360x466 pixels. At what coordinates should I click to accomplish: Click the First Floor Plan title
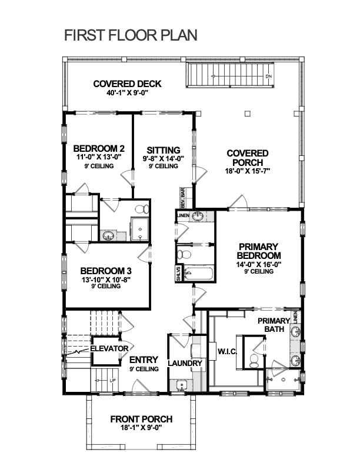point(131,35)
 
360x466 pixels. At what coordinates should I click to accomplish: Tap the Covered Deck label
point(128,84)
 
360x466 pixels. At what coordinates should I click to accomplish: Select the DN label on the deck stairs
point(268,76)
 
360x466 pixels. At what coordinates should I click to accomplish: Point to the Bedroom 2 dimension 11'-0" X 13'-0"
point(99,157)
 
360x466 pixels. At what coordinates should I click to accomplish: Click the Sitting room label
point(164,150)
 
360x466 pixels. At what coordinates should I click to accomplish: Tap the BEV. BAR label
point(183,198)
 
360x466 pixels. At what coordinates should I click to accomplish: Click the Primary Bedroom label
point(259,251)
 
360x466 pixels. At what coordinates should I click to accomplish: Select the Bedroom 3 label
point(106,271)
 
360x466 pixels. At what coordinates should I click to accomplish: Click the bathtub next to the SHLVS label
point(198,274)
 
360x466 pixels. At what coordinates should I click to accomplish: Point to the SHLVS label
point(178,274)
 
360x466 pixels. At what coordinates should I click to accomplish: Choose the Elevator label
point(109,348)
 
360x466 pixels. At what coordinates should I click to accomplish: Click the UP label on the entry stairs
point(113,381)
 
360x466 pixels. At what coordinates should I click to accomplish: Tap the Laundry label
point(185,363)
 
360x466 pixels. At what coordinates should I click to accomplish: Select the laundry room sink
point(181,385)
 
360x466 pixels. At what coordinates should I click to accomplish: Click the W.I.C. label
point(227,352)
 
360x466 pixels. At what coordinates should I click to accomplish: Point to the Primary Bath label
point(274,325)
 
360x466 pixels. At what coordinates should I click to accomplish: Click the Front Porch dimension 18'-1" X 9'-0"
point(141,428)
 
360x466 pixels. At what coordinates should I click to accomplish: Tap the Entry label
point(144,360)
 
